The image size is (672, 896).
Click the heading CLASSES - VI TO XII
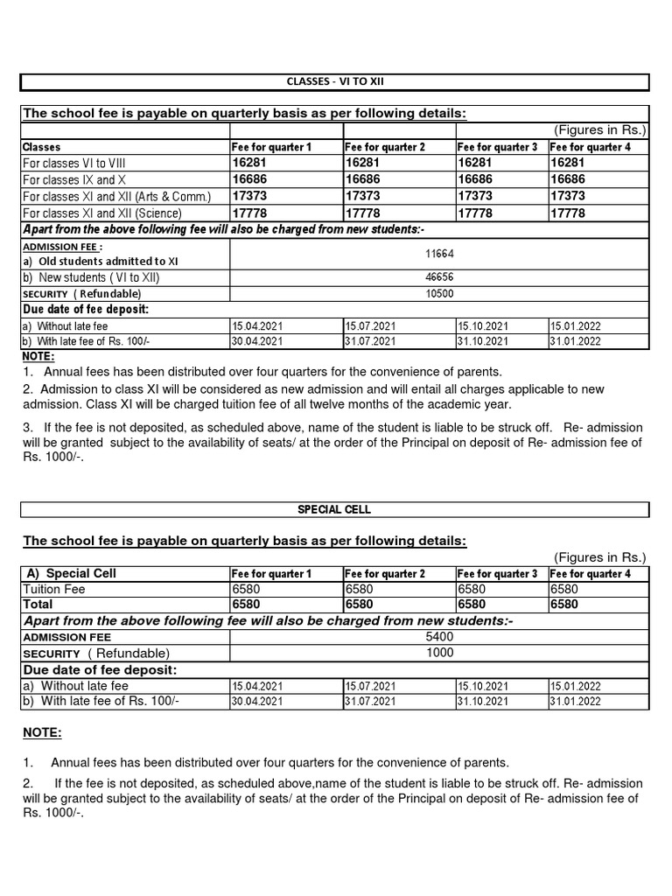click(334, 82)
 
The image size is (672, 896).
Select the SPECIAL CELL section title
click(334, 509)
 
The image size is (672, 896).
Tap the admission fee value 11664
click(439, 253)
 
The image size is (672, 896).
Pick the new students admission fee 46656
click(439, 277)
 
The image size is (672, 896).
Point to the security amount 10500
click(439, 293)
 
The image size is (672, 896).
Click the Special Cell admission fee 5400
click(439, 637)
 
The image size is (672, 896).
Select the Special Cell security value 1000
click(439, 653)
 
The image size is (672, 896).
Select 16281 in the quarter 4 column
click(568, 163)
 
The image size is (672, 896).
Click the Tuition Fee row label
click(53, 590)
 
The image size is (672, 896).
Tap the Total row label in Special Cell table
click(38, 605)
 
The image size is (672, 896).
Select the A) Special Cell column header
click(72, 574)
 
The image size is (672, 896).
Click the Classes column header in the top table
click(41, 147)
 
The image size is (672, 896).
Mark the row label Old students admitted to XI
click(101, 261)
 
